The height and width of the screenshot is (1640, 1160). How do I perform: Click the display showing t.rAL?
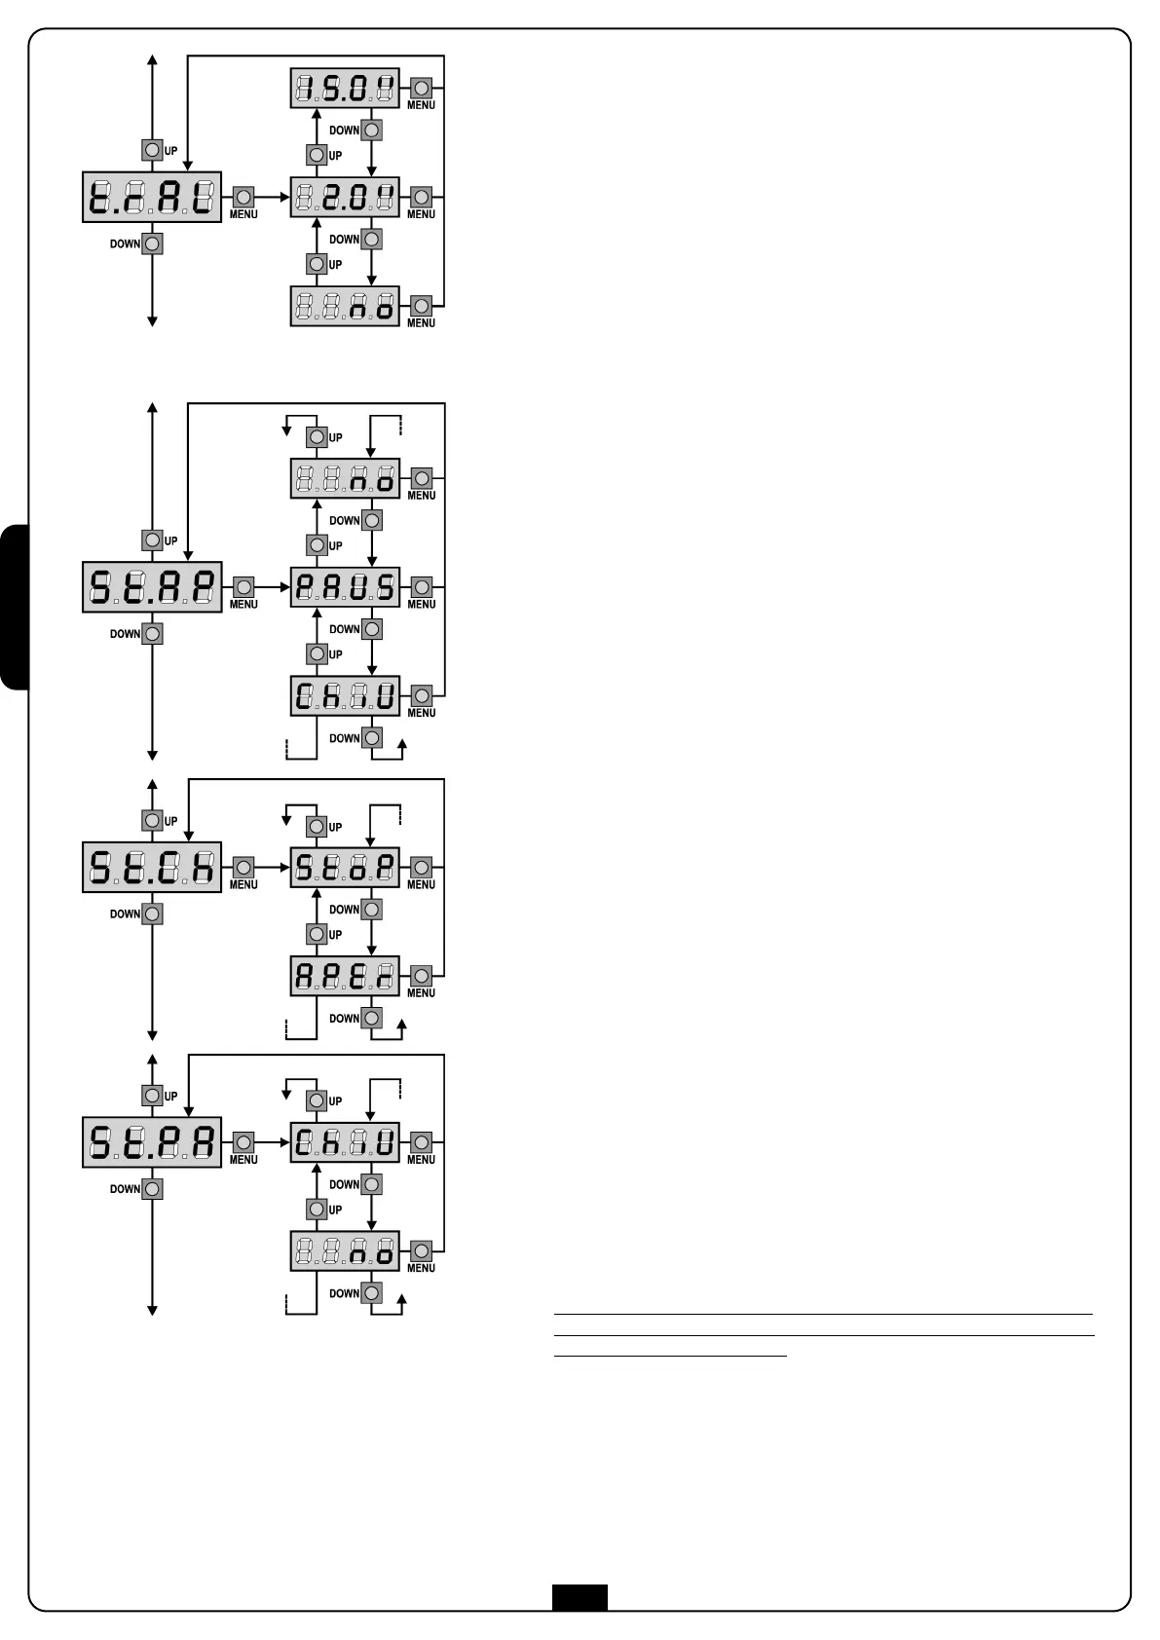pos(152,198)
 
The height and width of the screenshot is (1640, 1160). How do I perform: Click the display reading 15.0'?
pos(345,89)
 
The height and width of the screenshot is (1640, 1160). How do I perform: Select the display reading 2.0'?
pos(345,198)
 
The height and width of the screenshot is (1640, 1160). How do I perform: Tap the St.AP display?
pos(152,587)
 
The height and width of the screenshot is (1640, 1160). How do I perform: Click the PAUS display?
pos(345,587)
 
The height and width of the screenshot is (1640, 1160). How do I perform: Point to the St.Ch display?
pos(152,867)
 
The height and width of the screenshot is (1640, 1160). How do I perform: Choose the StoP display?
pos(345,867)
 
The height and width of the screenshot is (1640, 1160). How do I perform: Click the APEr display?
pos(345,976)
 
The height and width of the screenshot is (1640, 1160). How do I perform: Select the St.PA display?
pos(152,1142)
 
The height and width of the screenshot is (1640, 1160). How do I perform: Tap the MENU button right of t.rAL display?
pos(243,197)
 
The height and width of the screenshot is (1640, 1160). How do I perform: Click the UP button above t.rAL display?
pos(152,150)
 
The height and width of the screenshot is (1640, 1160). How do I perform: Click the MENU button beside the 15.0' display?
pos(421,89)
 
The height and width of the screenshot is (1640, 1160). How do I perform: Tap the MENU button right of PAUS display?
pos(421,587)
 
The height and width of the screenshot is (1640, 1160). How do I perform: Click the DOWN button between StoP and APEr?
pos(371,910)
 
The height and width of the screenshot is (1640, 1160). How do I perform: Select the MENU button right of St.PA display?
pos(243,1142)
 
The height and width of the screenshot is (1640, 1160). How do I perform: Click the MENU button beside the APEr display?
pos(421,976)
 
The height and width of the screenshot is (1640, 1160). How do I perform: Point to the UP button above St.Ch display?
pos(152,821)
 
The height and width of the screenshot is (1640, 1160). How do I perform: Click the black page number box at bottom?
pos(580,1597)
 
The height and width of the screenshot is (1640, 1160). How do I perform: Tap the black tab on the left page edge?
pos(15,608)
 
